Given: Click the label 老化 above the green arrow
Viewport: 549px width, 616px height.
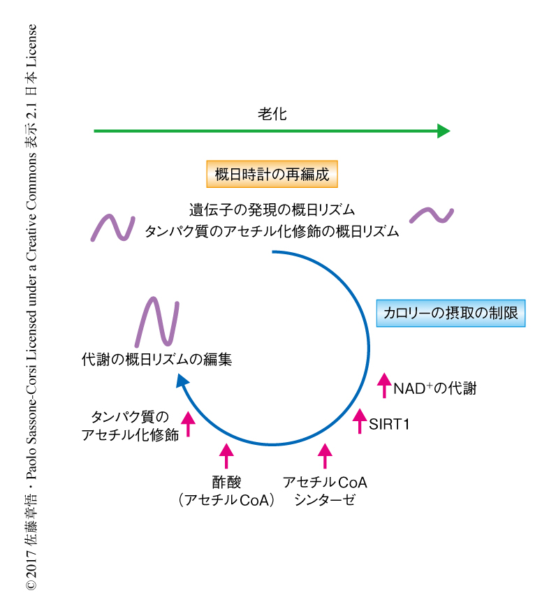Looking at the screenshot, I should pos(272,115).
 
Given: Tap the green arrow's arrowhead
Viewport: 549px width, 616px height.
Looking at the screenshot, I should pos(444,131).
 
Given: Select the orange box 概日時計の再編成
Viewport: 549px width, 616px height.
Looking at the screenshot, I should pos(272,174).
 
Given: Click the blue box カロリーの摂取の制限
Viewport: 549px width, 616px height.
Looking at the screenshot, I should pos(451,314).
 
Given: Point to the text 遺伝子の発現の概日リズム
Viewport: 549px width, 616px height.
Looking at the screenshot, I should pos(272,210).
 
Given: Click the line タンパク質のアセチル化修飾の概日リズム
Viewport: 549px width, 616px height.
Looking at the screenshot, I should pos(272,232).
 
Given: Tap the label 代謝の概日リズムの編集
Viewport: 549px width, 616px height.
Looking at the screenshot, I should pos(156,360).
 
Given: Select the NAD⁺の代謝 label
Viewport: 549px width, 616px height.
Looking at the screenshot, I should pos(434,388).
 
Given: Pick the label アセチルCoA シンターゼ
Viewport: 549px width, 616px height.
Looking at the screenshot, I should pos(325,491).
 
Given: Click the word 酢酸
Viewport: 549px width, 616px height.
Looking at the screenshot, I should pos(226,483).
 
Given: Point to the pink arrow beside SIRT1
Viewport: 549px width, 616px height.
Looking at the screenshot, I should pos(360,421).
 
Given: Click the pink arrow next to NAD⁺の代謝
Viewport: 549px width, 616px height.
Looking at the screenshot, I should pos(383,386).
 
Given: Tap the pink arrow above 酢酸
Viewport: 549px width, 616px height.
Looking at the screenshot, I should pos(226,455).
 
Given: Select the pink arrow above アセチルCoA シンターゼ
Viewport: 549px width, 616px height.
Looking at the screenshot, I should pos(325,455).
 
